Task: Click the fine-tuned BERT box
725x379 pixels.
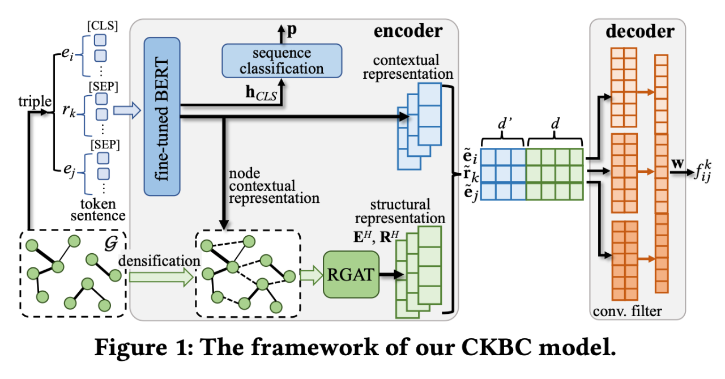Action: click(x=162, y=116)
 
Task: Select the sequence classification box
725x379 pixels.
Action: click(x=282, y=61)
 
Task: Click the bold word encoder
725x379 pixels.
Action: click(x=408, y=31)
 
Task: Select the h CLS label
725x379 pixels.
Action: click(x=258, y=96)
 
